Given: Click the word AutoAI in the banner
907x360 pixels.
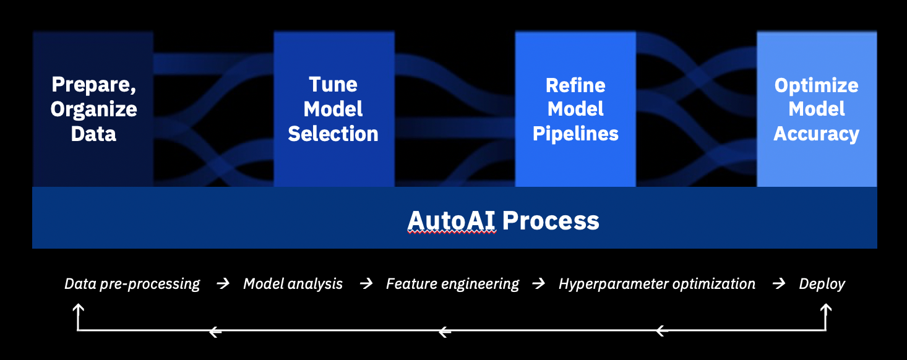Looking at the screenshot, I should point(452,220).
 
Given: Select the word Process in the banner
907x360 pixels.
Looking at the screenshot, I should point(551,220).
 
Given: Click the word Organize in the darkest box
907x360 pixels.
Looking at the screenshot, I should point(94,109).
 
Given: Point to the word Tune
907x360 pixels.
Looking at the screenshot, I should point(333,85).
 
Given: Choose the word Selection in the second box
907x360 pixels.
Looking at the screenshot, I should point(333,134).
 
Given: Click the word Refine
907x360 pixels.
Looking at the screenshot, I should point(575,85).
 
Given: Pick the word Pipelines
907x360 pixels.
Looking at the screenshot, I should point(575,134).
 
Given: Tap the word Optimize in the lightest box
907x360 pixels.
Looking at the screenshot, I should point(817,85).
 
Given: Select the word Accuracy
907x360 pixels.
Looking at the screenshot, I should point(817,134).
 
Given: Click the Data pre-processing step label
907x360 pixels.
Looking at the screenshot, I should point(132,284).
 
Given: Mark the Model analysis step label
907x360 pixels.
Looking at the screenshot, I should point(293,284).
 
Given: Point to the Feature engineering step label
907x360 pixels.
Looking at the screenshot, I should point(453,284).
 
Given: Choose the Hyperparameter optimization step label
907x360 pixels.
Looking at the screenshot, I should point(657,284).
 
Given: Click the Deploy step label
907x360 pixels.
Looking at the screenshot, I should point(822,284).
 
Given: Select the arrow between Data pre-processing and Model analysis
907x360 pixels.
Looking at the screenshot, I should point(223,284).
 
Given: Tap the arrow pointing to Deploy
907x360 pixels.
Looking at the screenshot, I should point(779,284).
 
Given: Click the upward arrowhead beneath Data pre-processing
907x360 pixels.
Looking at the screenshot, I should point(78,307).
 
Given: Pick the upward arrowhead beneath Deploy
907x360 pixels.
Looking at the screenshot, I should point(825,307).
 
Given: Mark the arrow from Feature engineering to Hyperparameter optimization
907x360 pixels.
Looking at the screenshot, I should point(539,284).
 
